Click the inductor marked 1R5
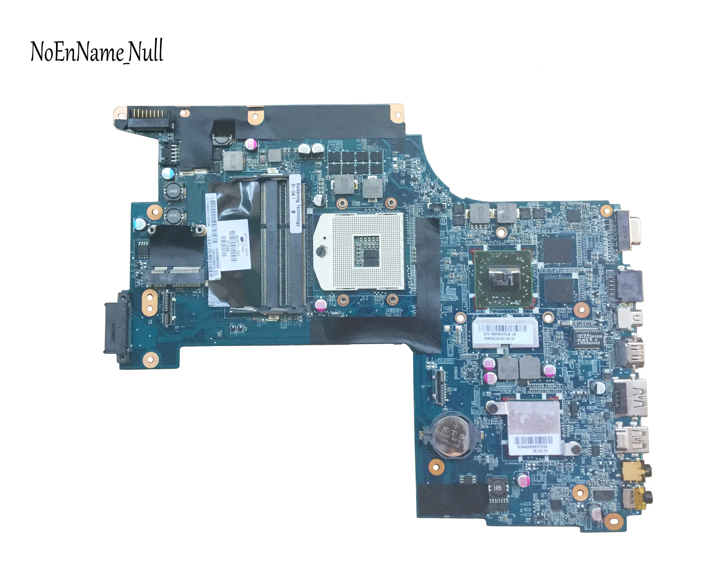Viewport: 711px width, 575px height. [x=497, y=489]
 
